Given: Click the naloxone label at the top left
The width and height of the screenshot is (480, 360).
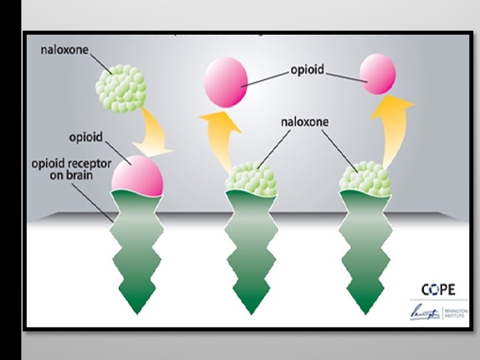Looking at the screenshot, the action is click(x=65, y=50).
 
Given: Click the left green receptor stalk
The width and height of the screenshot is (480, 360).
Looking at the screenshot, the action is click(x=137, y=250).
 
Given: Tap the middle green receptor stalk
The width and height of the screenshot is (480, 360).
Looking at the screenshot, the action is click(x=251, y=250).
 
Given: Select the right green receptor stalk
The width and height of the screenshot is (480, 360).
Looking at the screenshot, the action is click(x=365, y=250).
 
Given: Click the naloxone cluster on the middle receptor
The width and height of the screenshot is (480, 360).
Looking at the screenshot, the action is click(x=251, y=177).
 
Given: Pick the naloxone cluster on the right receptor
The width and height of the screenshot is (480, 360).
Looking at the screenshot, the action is click(x=365, y=177).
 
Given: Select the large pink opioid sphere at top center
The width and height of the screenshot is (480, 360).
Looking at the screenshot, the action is click(x=227, y=82).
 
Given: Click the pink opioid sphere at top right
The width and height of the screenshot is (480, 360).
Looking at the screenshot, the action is click(x=378, y=73).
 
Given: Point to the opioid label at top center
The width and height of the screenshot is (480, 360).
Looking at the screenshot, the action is click(x=307, y=70).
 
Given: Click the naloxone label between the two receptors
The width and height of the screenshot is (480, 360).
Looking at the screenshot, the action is click(x=305, y=123).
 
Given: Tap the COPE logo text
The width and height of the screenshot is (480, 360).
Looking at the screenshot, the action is click(x=438, y=289).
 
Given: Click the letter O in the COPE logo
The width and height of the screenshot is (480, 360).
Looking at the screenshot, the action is click(x=434, y=289).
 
